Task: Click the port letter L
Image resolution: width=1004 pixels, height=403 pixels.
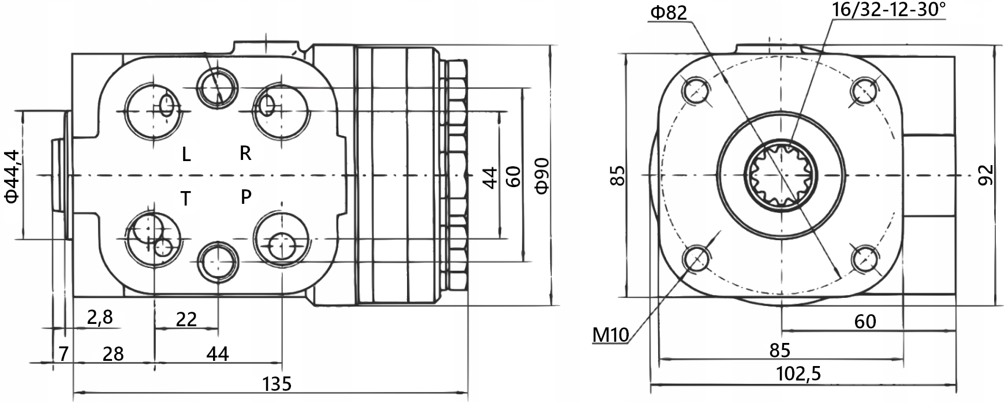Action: click(x=186, y=154)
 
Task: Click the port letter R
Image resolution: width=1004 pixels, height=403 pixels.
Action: click(x=245, y=153)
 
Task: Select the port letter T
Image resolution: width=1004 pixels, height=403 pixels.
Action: click(x=186, y=199)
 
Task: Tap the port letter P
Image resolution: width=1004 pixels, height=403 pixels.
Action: click(x=246, y=197)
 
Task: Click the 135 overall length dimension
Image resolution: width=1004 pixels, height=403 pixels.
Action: click(x=277, y=383)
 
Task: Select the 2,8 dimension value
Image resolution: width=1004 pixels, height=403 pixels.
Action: click(x=99, y=317)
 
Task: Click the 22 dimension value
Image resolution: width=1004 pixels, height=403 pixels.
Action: click(x=186, y=319)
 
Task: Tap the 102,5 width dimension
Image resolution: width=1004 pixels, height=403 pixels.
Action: click(x=798, y=374)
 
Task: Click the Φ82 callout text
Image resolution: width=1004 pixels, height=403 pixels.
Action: click(x=668, y=13)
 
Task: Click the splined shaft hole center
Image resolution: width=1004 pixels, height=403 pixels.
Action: click(x=781, y=176)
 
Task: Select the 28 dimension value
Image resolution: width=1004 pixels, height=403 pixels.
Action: click(x=113, y=354)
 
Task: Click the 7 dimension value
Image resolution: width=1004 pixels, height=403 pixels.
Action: click(x=64, y=354)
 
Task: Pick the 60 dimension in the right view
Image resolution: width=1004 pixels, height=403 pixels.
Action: click(x=865, y=322)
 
